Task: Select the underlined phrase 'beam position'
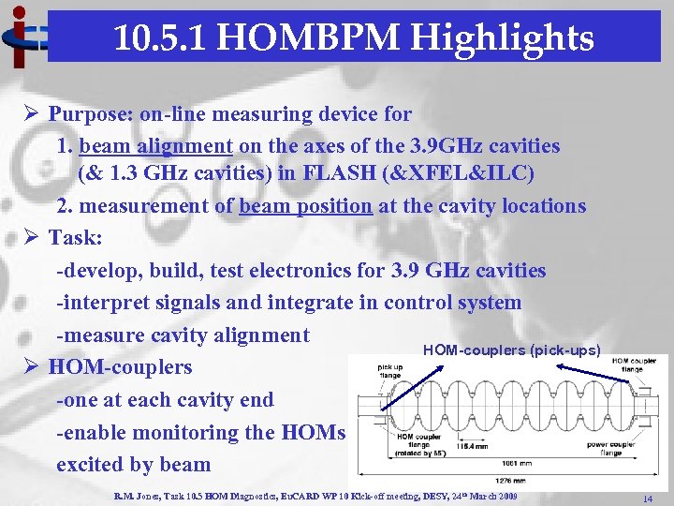pyautogui.click(x=305, y=206)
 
